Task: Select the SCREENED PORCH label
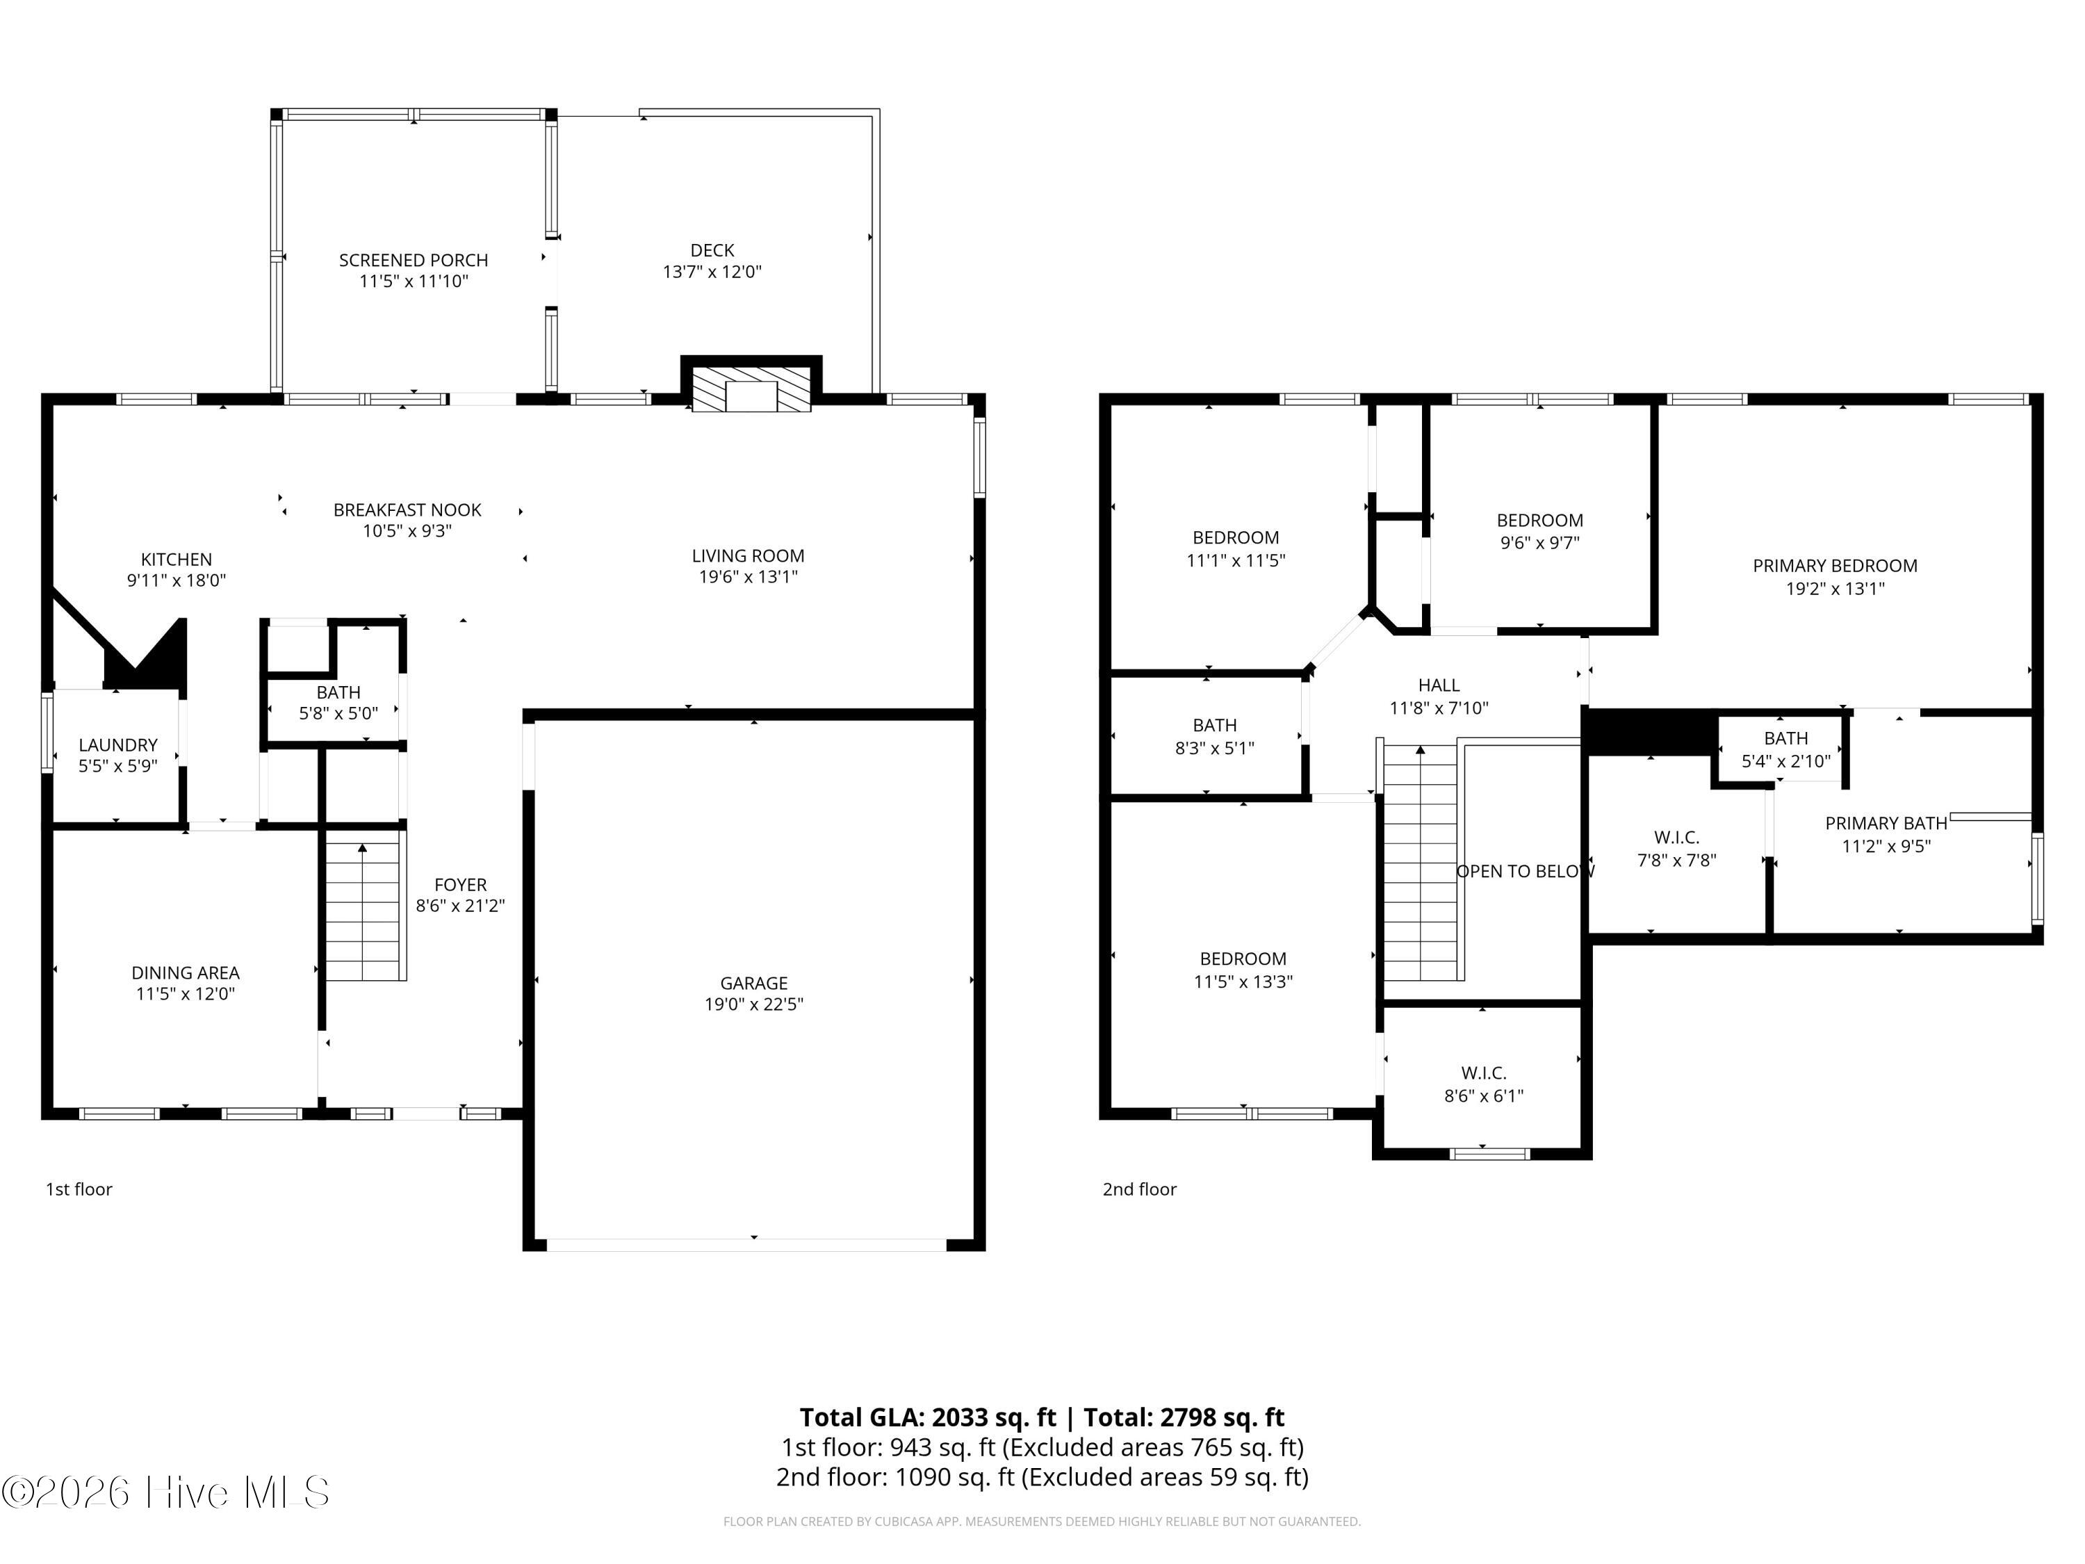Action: pyautogui.click(x=413, y=260)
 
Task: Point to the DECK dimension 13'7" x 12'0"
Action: pyautogui.click(x=712, y=272)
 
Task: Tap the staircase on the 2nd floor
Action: pyautogui.click(x=1421, y=863)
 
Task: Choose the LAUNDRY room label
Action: pyautogui.click(x=118, y=744)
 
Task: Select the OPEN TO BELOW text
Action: pyautogui.click(x=1524, y=871)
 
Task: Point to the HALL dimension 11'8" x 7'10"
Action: pyautogui.click(x=1439, y=708)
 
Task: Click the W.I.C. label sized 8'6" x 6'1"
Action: pyautogui.click(x=1484, y=1073)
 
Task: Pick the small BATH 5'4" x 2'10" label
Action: pyautogui.click(x=1785, y=738)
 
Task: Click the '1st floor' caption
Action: pyautogui.click(x=79, y=1190)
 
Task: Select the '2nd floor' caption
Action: pyautogui.click(x=1140, y=1190)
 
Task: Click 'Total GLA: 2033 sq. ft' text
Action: pyautogui.click(x=928, y=1418)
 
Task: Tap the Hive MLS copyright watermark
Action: pyautogui.click(x=166, y=1492)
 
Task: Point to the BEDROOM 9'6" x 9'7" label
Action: pyautogui.click(x=1539, y=521)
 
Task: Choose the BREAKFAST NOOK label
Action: pyautogui.click(x=407, y=510)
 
